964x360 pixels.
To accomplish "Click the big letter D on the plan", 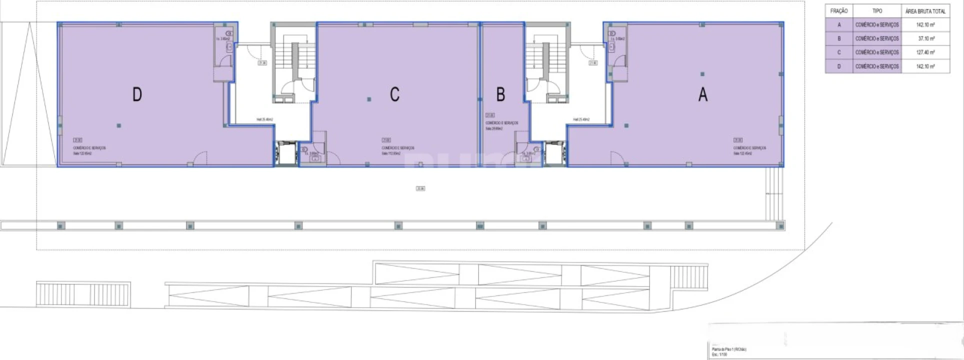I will [137, 94].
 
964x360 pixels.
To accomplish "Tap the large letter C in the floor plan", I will [394, 94].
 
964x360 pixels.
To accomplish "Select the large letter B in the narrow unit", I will [500, 94].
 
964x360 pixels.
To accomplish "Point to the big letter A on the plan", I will [703, 94].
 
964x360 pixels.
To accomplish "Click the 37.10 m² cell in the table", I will [926, 38].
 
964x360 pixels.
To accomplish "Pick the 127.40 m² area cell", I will [926, 52].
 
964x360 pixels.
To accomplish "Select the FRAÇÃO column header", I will [839, 11].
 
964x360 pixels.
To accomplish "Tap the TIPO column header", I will [877, 11].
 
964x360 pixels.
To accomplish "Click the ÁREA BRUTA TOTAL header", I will [925, 11].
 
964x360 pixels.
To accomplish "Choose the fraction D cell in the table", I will [839, 66].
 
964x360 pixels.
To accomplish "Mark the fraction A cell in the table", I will [839, 24].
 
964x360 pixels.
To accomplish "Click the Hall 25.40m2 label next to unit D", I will [264, 119].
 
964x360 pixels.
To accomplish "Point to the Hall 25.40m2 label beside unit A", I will [581, 119].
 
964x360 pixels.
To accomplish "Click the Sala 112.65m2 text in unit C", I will [391, 153].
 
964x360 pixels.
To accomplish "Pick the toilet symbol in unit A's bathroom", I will [612, 47].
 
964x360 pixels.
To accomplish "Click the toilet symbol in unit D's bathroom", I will [229, 47].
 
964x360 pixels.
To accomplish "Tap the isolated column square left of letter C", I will [369, 99].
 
